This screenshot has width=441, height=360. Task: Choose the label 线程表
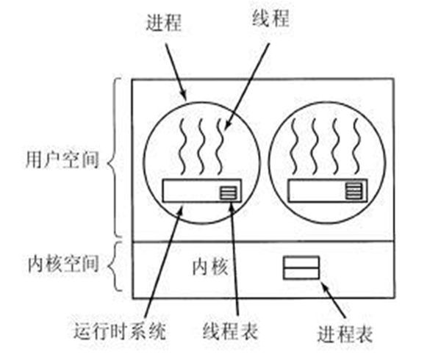pos(235,332)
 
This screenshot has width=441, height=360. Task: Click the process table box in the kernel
pos(301,267)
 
